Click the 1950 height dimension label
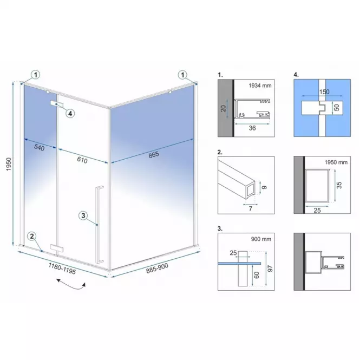[9, 164]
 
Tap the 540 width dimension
[40, 147]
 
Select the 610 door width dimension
[82, 160]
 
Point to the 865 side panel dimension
[154, 155]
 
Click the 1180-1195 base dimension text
[62, 269]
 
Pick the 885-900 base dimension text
[157, 268]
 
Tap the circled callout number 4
[70, 113]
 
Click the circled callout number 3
[83, 215]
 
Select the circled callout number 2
[32, 236]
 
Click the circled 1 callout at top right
[183, 75]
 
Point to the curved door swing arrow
[71, 284]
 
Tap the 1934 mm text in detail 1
[260, 86]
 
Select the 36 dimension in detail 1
[252, 128]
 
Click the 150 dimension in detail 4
[324, 92]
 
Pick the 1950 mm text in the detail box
[336, 162]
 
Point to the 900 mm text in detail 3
[261, 239]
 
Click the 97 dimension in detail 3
[270, 269]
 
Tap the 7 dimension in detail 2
[251, 208]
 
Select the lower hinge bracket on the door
[57, 248]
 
